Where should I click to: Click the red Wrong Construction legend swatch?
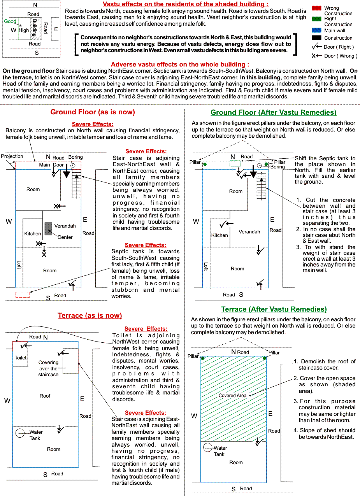pos(316,8)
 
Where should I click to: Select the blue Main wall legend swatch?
pos(316,30)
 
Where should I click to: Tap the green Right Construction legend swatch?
pos(316,18)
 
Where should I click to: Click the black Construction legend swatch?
pos(316,38)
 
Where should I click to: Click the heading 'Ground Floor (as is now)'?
pos(93,112)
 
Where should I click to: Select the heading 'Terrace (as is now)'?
pos(90,315)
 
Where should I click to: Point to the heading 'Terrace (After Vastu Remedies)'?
pos(274,309)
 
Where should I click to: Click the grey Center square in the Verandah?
pos(48,228)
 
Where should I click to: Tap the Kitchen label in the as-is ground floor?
pos(33,234)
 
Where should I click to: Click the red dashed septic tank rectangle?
pos(23,294)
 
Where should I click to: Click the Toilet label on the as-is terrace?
pos(21,358)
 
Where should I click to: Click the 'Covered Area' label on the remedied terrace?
pos(232,396)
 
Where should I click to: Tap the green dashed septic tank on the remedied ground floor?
pos(235,164)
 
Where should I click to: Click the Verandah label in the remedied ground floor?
pos(249,232)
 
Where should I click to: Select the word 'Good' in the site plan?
pos(10,21)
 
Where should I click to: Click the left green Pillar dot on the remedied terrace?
pos(202,358)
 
